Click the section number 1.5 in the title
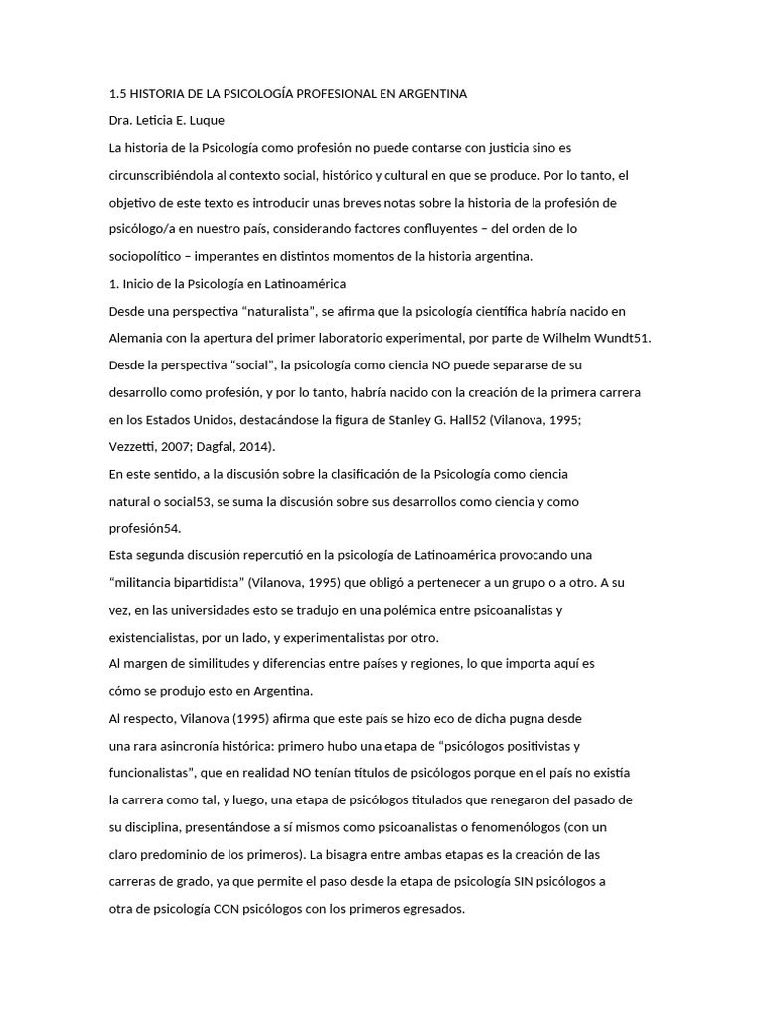tap(117, 94)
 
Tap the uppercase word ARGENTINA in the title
tap(432, 94)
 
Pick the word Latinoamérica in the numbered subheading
tap(300, 284)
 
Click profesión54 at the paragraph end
tap(145, 528)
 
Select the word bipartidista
tap(208, 582)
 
